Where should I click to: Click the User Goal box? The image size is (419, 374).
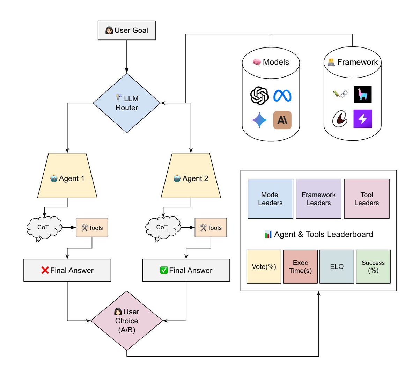pyautogui.click(x=126, y=30)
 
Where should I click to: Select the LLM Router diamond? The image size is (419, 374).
pyautogui.click(x=126, y=103)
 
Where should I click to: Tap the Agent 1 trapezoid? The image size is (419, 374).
pyautogui.click(x=67, y=175)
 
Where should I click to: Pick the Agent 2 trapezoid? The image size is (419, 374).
pyautogui.click(x=191, y=175)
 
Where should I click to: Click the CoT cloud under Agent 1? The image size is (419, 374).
pyautogui.click(x=44, y=228)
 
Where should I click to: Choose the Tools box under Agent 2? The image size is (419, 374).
pyautogui.click(x=211, y=228)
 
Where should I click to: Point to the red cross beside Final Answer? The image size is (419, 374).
pyautogui.click(x=45, y=270)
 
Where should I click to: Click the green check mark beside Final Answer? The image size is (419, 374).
pyautogui.click(x=164, y=270)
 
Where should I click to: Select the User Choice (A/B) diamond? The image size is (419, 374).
pyautogui.click(x=126, y=321)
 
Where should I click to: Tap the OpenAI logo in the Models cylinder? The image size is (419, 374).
pyautogui.click(x=259, y=96)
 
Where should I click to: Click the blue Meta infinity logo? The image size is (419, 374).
pyautogui.click(x=282, y=96)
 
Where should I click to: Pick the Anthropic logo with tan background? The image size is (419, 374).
pyautogui.click(x=282, y=120)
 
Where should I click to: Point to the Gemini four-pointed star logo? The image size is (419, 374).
pyautogui.click(x=259, y=120)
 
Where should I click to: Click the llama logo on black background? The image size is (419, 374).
pyautogui.click(x=362, y=94)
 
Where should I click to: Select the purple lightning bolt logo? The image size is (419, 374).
pyautogui.click(x=362, y=119)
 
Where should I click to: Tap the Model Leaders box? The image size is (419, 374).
pyautogui.click(x=270, y=199)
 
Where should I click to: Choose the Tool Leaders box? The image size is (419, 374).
pyautogui.click(x=367, y=199)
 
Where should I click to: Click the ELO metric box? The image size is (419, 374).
pyautogui.click(x=337, y=266)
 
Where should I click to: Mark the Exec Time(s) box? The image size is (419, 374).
pyautogui.click(x=300, y=266)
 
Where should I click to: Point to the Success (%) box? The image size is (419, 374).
pyautogui.click(x=373, y=266)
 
